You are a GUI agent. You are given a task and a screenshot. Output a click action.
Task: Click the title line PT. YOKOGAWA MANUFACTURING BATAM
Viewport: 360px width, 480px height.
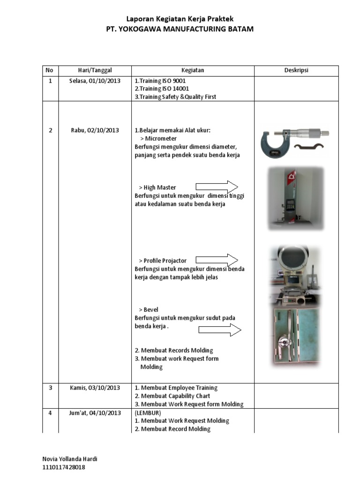(x=180, y=29)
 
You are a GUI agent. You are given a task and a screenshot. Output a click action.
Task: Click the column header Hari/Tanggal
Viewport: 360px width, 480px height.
(x=95, y=70)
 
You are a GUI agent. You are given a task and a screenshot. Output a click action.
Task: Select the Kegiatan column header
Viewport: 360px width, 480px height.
(x=193, y=70)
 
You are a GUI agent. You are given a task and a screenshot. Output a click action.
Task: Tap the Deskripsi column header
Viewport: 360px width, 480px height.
(x=296, y=70)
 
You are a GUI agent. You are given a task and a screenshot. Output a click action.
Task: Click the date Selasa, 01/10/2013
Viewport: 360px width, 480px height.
(x=95, y=81)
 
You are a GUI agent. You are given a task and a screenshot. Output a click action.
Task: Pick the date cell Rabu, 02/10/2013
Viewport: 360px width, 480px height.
(x=95, y=130)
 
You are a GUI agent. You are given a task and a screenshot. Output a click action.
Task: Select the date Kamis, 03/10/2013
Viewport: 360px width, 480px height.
(x=95, y=388)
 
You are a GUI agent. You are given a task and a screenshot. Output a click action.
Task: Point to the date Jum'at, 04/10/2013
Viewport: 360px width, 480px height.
(x=95, y=413)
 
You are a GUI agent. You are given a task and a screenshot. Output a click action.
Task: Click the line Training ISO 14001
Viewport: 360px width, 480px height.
(x=162, y=89)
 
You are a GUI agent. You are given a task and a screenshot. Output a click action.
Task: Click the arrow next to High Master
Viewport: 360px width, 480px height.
(x=217, y=187)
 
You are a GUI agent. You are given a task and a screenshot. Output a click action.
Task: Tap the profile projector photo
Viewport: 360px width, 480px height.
(x=295, y=275)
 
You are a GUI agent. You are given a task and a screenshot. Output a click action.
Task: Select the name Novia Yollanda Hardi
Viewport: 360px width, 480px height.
(x=70, y=459)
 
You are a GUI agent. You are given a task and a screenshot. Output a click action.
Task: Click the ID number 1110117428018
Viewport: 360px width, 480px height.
(x=64, y=467)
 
